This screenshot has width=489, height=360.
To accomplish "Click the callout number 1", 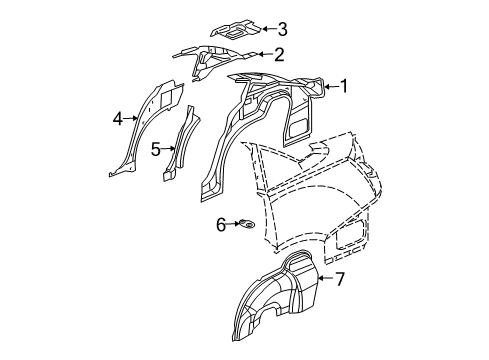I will pos(346,87).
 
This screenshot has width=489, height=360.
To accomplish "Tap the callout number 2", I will pos(280,55).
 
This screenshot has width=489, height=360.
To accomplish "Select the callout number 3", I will pos(283,29).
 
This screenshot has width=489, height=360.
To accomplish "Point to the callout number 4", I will pos(117,120).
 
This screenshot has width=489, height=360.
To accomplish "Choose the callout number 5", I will pos(156,150).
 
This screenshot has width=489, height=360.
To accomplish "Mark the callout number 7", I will pos(340,279).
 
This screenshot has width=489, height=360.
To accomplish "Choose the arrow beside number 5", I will pos(167,150).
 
